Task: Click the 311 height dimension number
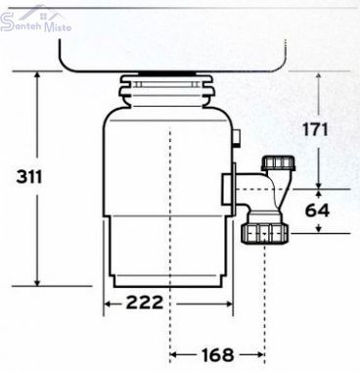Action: click(x=29, y=177)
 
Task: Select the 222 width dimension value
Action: click(x=145, y=302)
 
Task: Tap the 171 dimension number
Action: click(x=315, y=129)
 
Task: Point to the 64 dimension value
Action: click(x=317, y=210)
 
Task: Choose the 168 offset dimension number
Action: click(x=218, y=354)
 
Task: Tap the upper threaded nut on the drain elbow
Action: click(x=279, y=163)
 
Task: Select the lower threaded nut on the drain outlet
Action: click(x=264, y=233)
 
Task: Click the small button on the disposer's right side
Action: click(x=238, y=137)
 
